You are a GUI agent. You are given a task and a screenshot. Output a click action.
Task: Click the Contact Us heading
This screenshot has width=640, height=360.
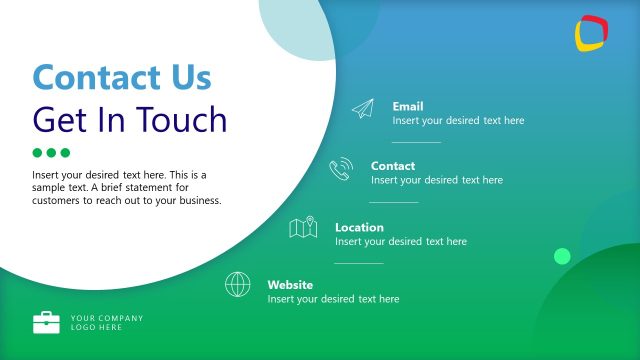122,77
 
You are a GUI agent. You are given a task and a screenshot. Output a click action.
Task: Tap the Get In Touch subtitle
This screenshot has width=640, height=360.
130,119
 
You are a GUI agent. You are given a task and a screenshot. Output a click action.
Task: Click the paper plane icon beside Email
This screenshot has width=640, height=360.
363,110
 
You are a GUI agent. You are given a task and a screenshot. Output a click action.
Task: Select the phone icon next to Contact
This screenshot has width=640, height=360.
341,169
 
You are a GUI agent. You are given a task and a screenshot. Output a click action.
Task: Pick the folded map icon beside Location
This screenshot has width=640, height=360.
303,229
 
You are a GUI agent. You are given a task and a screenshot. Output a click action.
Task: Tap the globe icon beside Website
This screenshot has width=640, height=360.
238,284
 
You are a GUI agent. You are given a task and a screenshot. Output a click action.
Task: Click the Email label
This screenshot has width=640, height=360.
408,106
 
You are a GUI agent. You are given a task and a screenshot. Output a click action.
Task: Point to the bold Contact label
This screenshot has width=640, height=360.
393,166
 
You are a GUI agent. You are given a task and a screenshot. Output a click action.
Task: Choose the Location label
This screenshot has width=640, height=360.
359,227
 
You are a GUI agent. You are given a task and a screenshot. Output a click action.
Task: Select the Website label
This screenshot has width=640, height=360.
290,285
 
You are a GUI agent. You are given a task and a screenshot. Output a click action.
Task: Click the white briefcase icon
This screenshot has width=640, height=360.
46,322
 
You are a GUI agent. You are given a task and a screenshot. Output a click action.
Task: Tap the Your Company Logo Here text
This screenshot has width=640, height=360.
107,322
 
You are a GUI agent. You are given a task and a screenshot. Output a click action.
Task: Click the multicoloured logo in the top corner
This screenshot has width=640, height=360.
592,33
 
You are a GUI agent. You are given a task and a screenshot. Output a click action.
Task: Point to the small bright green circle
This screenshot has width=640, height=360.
562,256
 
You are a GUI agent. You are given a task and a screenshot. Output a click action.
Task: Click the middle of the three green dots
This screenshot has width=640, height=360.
52,153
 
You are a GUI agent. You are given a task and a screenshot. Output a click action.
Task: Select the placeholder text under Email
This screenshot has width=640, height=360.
458,120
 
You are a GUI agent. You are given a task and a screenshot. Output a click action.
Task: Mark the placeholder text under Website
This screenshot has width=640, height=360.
333,299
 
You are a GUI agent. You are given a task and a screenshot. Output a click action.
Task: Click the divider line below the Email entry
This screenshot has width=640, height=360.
416,142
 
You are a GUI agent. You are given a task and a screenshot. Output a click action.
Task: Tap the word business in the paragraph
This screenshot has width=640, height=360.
194,200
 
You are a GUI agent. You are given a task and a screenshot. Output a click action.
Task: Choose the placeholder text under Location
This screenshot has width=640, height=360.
401,241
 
